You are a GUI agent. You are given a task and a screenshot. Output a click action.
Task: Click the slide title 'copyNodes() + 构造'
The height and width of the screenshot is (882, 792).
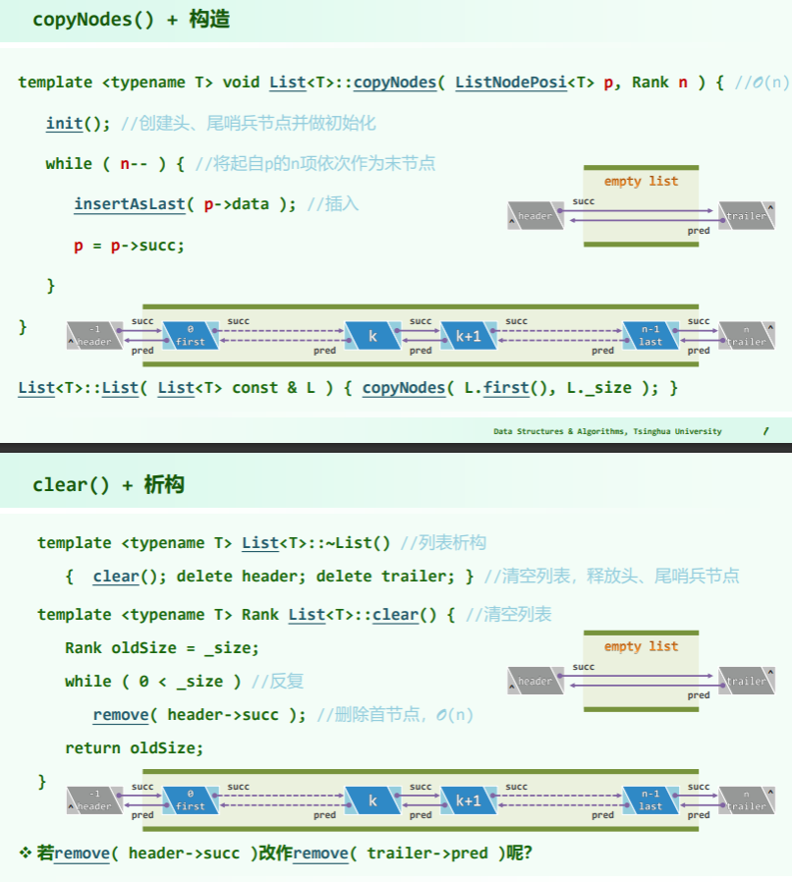[x=131, y=20]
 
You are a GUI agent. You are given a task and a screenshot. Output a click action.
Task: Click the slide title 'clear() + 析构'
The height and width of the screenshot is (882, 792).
[x=108, y=484]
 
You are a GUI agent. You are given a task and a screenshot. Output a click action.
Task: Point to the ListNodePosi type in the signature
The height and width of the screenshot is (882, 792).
[x=511, y=83]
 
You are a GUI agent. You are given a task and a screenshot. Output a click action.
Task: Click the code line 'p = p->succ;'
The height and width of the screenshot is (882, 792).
[x=129, y=245]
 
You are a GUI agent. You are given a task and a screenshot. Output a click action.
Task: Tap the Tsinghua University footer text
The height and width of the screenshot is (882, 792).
[x=607, y=431]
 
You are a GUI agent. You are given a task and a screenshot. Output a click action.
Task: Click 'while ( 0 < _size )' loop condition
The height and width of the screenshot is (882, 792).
[x=152, y=682]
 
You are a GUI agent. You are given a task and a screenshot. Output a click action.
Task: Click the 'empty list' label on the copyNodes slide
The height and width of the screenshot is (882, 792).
[x=641, y=182]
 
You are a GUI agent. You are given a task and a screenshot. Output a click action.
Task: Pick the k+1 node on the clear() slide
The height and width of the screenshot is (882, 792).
[x=468, y=800]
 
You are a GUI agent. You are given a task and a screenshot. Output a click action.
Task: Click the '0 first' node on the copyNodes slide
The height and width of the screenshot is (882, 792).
[x=191, y=336]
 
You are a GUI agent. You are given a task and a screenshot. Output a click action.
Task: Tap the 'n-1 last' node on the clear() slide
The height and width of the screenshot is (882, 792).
[x=651, y=800]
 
